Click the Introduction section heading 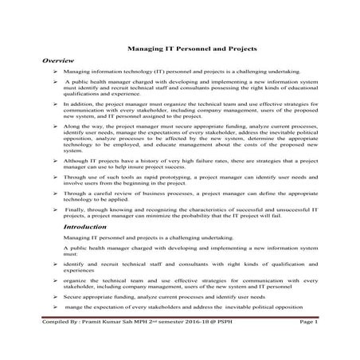(88, 226)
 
